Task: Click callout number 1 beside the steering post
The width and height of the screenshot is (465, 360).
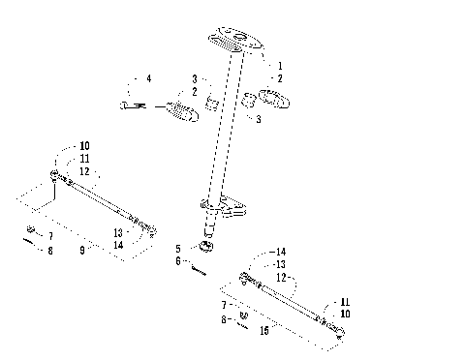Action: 280,66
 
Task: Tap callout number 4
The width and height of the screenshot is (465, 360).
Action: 148,77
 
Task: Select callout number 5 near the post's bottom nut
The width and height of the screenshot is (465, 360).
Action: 177,249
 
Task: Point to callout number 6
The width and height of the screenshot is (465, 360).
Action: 177,261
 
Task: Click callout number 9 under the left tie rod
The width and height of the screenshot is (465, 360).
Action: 83,250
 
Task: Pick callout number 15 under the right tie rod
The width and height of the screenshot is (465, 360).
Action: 264,330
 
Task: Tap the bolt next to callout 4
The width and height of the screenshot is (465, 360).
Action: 131,104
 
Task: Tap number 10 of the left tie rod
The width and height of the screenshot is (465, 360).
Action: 85,146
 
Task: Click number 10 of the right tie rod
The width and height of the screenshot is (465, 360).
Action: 346,314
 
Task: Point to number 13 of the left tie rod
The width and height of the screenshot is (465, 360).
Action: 117,232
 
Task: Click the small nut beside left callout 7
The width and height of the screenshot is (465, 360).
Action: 31,230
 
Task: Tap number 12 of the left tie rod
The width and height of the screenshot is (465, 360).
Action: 85,170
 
